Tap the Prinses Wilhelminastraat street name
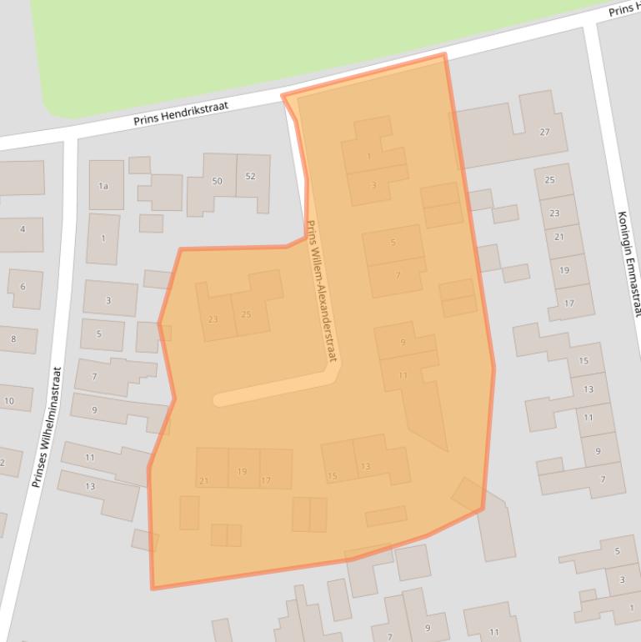coord(46,428)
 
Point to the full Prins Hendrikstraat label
coord(181,114)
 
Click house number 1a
coord(103,186)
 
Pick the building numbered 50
coord(217,181)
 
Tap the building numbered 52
coord(251,176)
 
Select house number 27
coord(544,132)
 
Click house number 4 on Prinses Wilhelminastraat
coord(22,229)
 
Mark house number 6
coord(23,287)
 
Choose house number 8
coord(13,339)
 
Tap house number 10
coord(8,401)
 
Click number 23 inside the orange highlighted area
coord(213,319)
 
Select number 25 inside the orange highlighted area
coord(246,314)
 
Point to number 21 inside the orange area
coord(204,480)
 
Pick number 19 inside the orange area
coord(242,471)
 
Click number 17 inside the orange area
coord(266,480)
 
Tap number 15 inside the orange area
coord(332,476)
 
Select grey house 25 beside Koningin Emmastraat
coord(549,180)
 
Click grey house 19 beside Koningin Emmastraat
coord(564,270)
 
